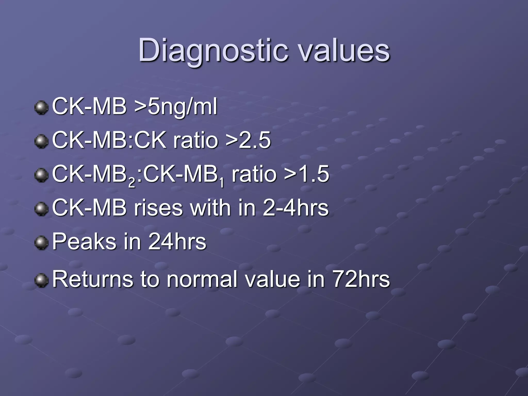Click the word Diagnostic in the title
coord(213,51)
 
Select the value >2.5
coord(248,140)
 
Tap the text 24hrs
coord(177,242)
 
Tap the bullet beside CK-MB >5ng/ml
coord(41,108)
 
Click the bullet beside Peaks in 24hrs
coord(41,243)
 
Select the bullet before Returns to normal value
coord(41,280)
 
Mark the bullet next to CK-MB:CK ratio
coord(41,141)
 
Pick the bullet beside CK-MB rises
coord(41,209)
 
